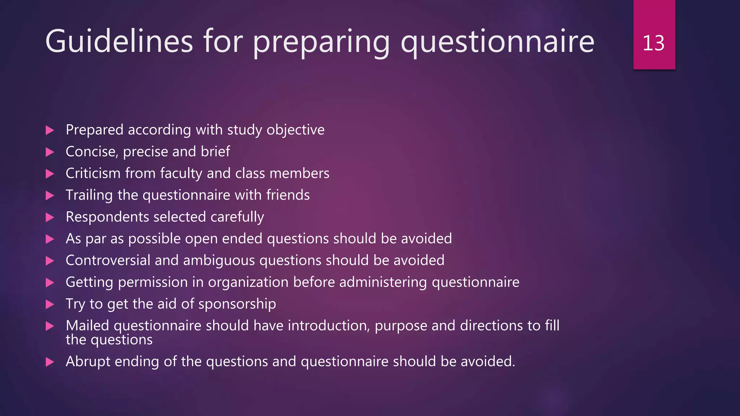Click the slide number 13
tap(653, 43)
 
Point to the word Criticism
tap(93, 173)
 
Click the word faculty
tap(181, 174)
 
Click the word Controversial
tap(108, 260)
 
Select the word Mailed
tap(87, 326)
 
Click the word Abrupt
tap(88, 362)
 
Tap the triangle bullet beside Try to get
tap(50, 304)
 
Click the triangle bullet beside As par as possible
tap(50, 239)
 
